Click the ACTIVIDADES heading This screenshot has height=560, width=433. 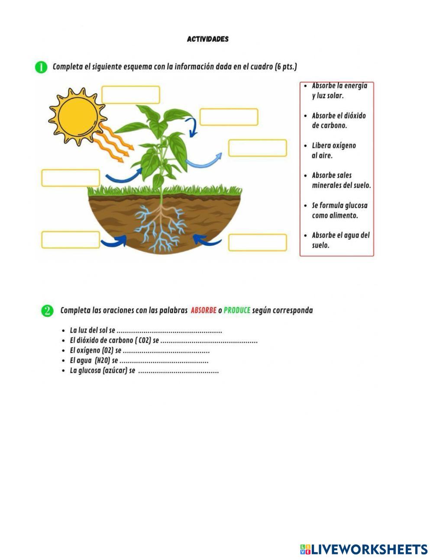207,39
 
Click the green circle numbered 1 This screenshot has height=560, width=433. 41,67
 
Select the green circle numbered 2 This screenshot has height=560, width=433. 47,310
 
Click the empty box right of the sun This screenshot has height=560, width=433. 130,95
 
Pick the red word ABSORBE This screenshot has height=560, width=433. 204,310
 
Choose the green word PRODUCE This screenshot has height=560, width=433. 237,310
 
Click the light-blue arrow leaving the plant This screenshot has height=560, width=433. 204,161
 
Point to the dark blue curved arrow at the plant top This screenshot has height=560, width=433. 191,126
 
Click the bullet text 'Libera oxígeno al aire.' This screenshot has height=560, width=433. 333,150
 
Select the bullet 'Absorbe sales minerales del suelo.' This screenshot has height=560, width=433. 341,180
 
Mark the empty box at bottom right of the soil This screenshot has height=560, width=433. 257,242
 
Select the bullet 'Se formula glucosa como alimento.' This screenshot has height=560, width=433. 339,210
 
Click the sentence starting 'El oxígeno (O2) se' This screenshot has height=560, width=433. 139,351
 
